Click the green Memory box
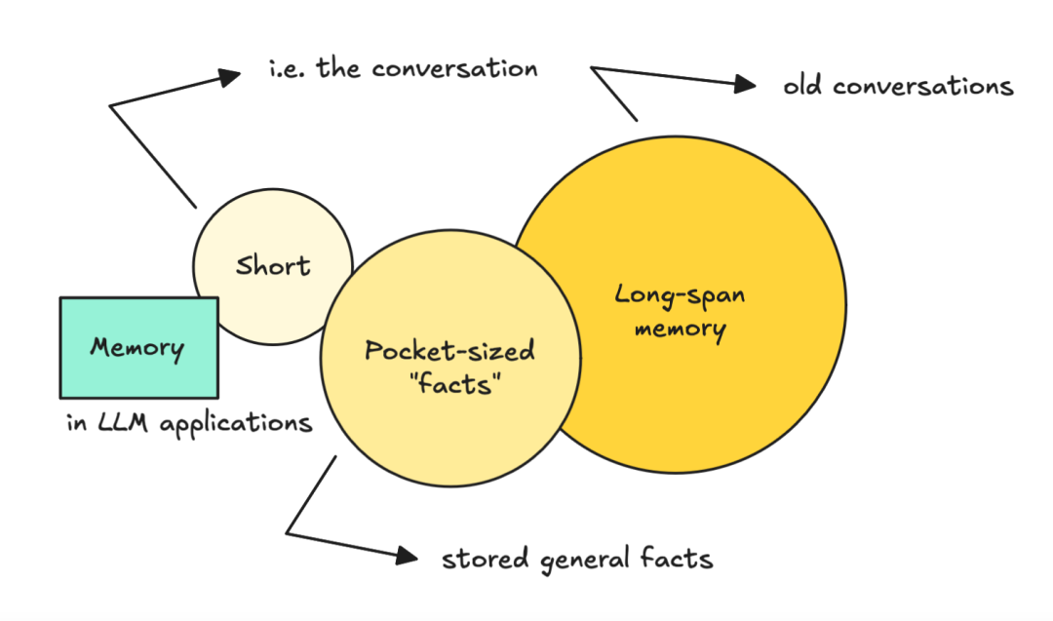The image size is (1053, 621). [138, 347]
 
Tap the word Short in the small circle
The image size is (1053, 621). [273, 266]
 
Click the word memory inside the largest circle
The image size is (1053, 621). [680, 329]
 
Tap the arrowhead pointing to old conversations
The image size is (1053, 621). [745, 85]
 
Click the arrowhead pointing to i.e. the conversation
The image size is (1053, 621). [230, 74]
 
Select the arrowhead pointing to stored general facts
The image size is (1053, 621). [406, 556]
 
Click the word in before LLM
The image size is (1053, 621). [75, 423]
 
